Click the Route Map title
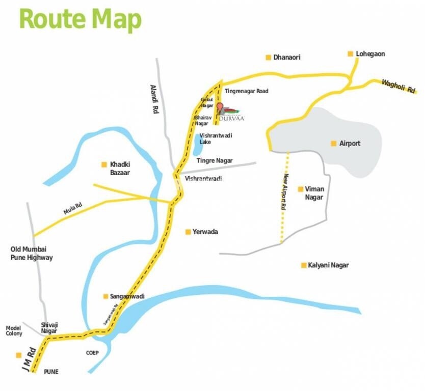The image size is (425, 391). point(80,20)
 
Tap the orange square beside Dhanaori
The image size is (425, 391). point(268,58)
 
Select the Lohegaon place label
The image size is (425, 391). point(370,53)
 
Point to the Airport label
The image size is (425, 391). point(350,144)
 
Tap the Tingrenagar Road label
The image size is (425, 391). point(247,91)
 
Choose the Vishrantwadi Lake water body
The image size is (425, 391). point(197,145)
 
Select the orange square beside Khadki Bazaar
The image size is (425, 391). point(104,164)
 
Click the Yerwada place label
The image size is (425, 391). point(205,232)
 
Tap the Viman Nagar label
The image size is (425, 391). point(314,193)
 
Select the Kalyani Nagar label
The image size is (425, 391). point(329,265)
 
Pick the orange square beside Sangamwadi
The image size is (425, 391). point(105,296)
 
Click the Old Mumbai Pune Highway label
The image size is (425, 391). point(32,254)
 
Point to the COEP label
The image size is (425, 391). point(92,353)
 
